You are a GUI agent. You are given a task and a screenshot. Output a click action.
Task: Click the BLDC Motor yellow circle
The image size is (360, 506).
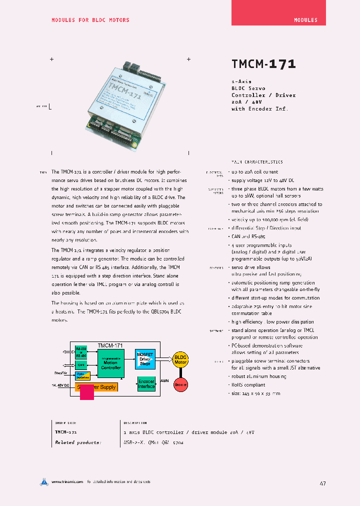(x=180, y=359)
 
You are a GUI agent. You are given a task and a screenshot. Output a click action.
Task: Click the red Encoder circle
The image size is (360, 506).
(x=180, y=384)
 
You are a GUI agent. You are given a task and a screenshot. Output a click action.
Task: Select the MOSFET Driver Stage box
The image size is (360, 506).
(x=145, y=359)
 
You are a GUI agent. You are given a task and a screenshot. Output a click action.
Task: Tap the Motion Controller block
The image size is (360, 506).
(x=110, y=363)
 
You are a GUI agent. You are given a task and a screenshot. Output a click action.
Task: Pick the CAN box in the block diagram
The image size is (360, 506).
(x=80, y=365)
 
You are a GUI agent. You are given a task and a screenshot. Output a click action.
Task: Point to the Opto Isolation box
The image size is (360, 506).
(x=82, y=376)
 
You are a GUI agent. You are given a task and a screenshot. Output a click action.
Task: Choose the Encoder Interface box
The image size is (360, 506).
(x=146, y=384)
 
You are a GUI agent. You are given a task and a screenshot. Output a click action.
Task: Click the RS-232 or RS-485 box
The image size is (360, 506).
(x=80, y=352)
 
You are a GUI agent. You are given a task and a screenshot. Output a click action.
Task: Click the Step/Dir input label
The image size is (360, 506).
(x=61, y=373)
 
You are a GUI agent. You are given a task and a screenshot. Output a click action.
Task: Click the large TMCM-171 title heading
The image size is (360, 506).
(x=263, y=64)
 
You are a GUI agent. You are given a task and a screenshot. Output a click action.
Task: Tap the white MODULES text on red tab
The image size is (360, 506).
(x=305, y=20)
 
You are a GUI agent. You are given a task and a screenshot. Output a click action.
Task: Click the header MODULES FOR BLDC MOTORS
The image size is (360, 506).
(x=90, y=20)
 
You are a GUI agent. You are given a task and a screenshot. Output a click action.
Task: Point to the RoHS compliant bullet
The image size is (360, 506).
(x=248, y=385)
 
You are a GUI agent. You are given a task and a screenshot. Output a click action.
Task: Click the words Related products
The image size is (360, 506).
(x=78, y=442)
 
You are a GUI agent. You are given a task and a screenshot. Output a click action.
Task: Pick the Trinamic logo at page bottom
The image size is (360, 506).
(x=44, y=482)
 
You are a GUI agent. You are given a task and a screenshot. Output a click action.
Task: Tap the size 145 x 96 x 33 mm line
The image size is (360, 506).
(x=255, y=393)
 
